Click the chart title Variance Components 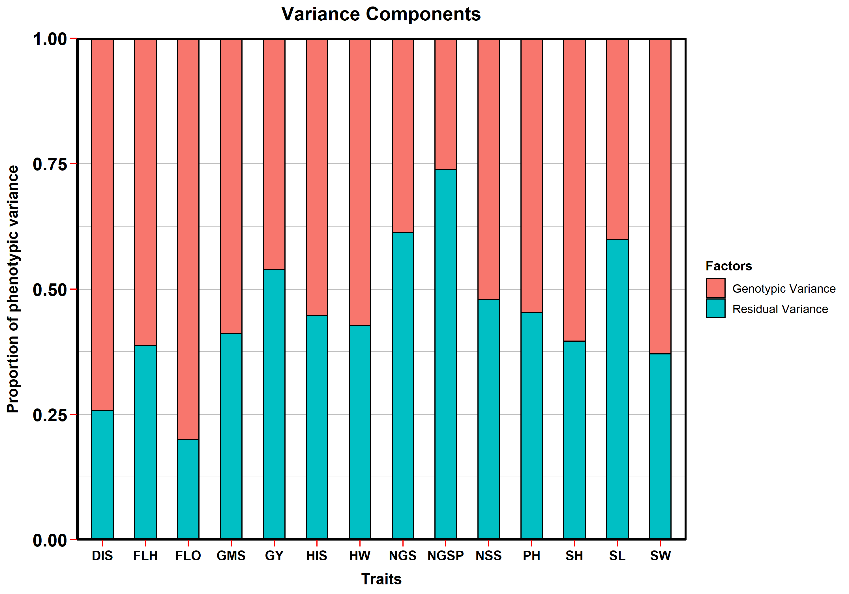point(381,14)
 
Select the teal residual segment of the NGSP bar point(445,354)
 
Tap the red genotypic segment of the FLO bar point(188,239)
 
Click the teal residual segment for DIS point(102,475)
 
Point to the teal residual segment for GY point(274,404)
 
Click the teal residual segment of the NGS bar point(403,386)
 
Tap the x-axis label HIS point(317,556)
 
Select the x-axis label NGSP point(445,556)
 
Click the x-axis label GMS point(231,556)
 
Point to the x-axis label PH point(531,556)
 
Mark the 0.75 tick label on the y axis point(50,164)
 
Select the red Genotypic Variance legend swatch point(715,288)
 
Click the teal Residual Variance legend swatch point(715,308)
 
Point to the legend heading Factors point(729,266)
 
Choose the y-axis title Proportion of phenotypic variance point(13,289)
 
